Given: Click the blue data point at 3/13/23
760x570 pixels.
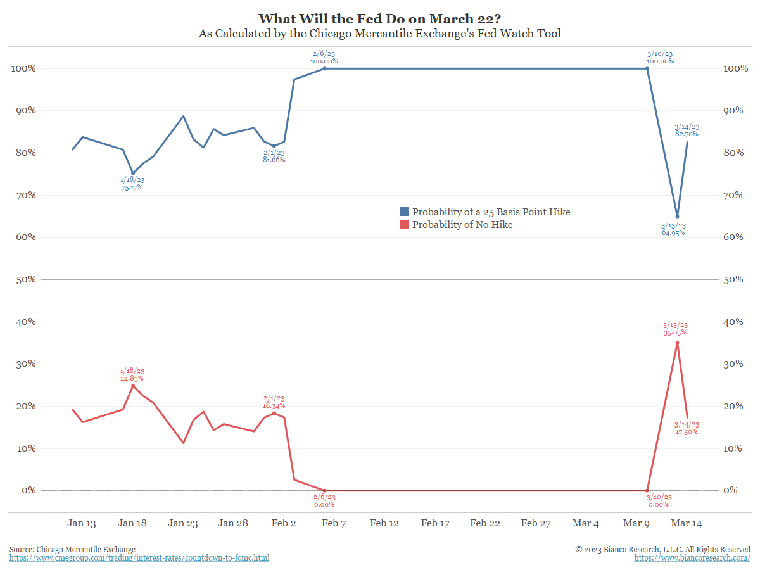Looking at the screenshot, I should pyautogui.click(x=677, y=216).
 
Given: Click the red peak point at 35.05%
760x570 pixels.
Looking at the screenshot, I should pyautogui.click(x=677, y=343).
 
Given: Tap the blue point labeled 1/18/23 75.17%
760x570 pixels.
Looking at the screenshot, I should pyautogui.click(x=132, y=173).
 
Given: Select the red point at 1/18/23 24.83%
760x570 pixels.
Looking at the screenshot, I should pyautogui.click(x=132, y=386).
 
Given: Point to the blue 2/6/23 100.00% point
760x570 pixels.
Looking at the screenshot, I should pyautogui.click(x=324, y=68).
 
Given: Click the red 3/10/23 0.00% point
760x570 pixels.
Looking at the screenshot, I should pyautogui.click(x=647, y=490).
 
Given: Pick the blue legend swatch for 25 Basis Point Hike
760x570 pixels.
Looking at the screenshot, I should pyautogui.click(x=405, y=212).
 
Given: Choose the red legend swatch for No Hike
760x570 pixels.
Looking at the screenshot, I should pyautogui.click(x=405, y=224).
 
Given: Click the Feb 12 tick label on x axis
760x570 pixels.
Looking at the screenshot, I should pyautogui.click(x=384, y=523).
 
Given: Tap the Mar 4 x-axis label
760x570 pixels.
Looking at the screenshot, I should pyautogui.click(x=585, y=523).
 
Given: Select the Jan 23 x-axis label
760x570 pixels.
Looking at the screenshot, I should pyautogui.click(x=183, y=523).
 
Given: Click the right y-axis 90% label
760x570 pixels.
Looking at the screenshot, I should pyautogui.click(x=735, y=110).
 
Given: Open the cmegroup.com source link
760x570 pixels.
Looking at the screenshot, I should pyautogui.click(x=139, y=558).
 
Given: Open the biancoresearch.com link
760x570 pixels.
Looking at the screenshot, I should pyautogui.click(x=692, y=558).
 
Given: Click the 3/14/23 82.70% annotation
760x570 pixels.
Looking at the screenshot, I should pyautogui.click(x=687, y=130).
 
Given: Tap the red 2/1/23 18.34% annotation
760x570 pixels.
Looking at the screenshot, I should pyautogui.click(x=274, y=402).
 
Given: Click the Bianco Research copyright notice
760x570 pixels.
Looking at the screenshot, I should pyautogui.click(x=662, y=549).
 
